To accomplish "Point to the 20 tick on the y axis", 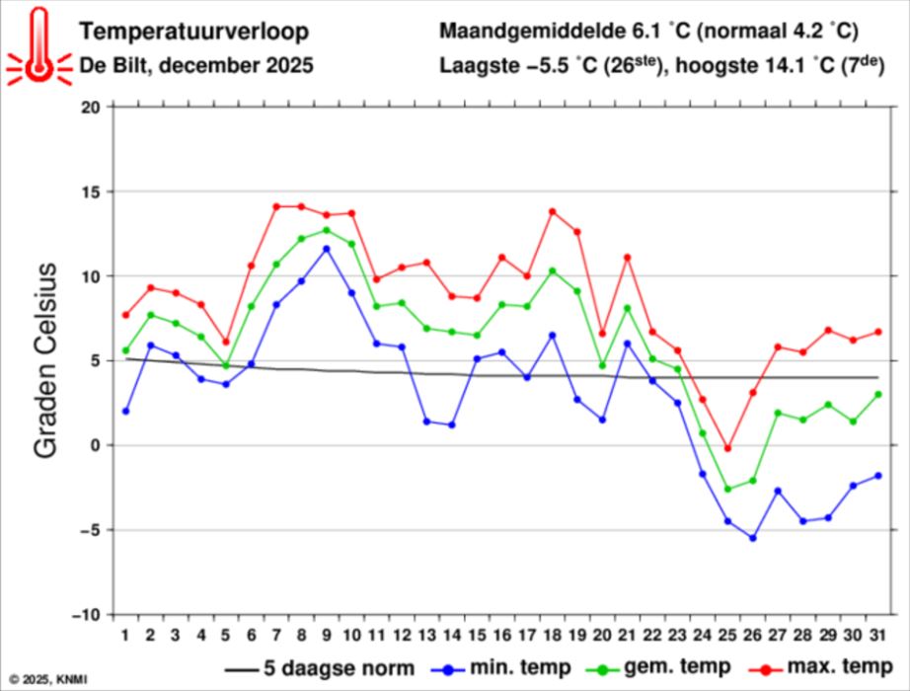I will pos(91,107).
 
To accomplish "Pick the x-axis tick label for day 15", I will pos(477,634).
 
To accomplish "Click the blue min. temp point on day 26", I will pos(753,538).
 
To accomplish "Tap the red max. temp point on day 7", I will pos(276,206).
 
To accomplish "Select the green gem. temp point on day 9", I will pos(327,230).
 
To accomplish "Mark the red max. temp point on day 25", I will pos(727,448).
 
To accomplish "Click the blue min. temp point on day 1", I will pos(125,411).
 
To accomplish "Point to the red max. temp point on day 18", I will pos(552,211).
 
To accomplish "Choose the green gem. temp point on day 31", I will pos(877,394).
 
